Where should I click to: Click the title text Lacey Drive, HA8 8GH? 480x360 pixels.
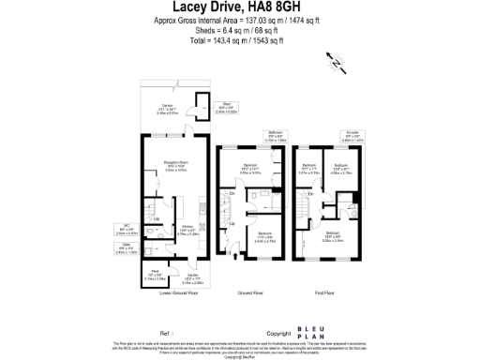click(x=239, y=10)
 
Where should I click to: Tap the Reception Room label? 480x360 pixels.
click(x=169, y=164)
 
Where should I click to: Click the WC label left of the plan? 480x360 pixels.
click(x=125, y=226)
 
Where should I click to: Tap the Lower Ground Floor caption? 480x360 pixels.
click(x=178, y=293)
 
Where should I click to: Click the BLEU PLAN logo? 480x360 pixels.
click(x=322, y=333)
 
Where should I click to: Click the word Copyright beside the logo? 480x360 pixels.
click(x=279, y=333)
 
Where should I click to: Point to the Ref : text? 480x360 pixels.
click(x=167, y=333)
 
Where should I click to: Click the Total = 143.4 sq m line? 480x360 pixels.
click(x=239, y=43)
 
